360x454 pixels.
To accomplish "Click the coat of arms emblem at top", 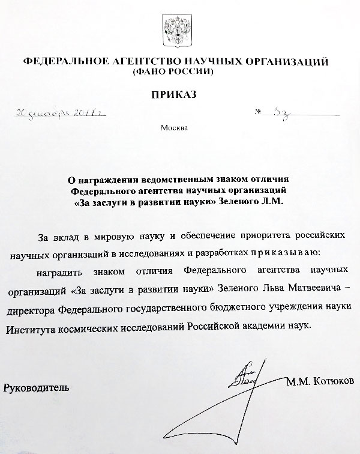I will [x=180, y=29].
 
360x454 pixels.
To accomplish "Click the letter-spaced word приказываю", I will [x=277, y=253].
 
